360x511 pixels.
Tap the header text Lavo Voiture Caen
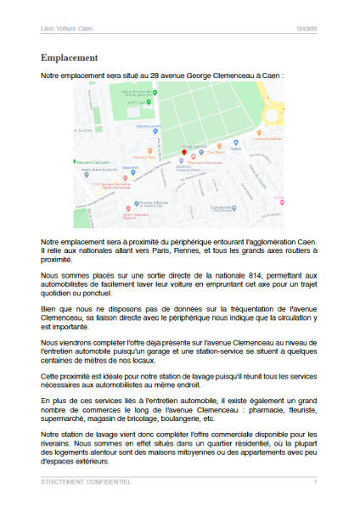tap(65, 28)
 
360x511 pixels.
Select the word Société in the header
tap(307, 28)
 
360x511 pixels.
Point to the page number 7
tap(315, 482)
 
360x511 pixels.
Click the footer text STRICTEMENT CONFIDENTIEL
tap(86, 482)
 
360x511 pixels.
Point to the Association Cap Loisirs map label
tap(91, 160)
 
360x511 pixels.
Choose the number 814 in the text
tap(249, 276)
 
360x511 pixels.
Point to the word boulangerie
tap(213, 418)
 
